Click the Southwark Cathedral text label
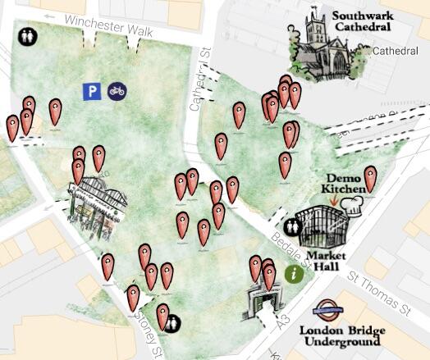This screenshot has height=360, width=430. pos(362,21)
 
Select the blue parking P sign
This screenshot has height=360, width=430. pos(92,91)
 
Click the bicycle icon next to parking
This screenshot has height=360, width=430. pos(117,91)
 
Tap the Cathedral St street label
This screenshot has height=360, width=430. pos(195,90)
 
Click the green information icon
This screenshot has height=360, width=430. pos(294,273)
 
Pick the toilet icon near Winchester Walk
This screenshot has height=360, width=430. pos(27,37)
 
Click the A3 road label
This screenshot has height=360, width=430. pos(284,321)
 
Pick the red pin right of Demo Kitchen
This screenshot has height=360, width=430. pos(370,179)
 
